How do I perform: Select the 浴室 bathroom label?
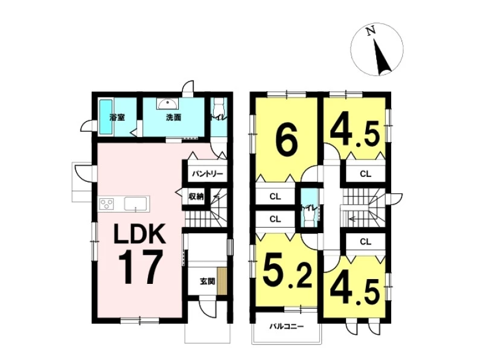point(117,117)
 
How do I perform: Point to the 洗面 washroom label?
point(173,117)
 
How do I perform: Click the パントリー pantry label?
point(207,174)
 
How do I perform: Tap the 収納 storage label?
point(196,196)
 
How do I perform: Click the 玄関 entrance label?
point(207,281)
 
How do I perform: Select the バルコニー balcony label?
point(287,326)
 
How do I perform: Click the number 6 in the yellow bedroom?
point(287,141)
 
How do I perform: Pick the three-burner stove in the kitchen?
point(106,204)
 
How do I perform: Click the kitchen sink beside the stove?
point(136,204)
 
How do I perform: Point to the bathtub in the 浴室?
point(106,117)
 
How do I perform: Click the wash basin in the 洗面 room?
point(167,104)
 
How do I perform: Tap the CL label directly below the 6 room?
point(275,196)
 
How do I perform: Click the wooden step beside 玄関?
point(222,281)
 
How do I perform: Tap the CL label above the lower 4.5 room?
point(365,242)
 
